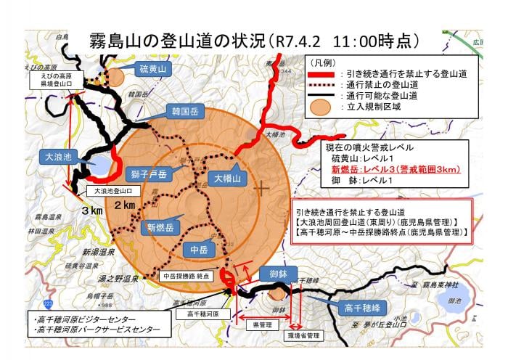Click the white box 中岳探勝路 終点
tap(187, 275)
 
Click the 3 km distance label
tap(92, 210)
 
